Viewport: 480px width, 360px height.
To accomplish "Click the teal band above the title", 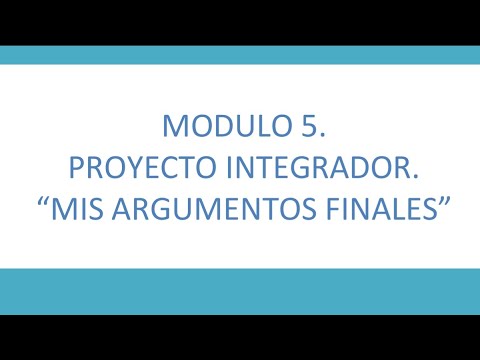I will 240,55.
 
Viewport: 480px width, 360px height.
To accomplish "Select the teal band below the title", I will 240,291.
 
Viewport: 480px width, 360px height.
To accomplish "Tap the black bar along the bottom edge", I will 240,337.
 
